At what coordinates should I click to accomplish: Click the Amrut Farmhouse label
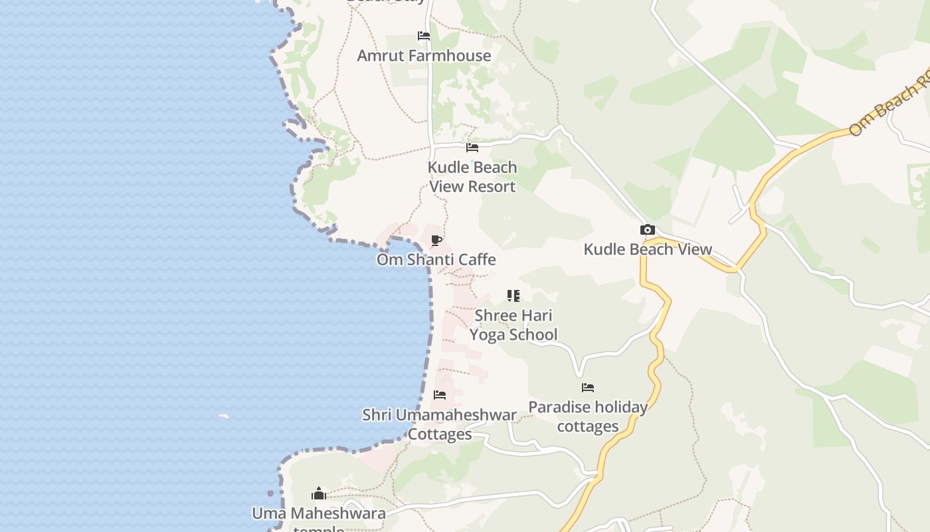424,56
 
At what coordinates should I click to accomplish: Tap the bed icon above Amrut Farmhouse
424,36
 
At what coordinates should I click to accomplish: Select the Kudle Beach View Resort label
472,177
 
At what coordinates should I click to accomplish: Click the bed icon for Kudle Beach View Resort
472,148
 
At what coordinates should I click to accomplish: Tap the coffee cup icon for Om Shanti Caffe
436,240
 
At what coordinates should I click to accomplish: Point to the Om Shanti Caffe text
436,259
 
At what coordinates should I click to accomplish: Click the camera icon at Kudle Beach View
647,230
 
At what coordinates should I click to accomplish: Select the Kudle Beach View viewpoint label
648,249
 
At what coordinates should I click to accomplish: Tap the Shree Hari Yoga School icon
513,295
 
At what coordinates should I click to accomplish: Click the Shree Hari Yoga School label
513,325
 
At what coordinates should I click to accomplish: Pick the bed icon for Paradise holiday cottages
588,388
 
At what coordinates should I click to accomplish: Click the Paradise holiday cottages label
588,416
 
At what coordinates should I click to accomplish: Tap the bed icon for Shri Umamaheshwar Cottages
440,395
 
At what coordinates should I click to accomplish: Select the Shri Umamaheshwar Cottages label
440,424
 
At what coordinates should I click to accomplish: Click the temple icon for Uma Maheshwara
319,493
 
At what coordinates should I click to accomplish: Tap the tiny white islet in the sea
224,417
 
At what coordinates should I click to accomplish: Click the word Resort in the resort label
491,187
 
